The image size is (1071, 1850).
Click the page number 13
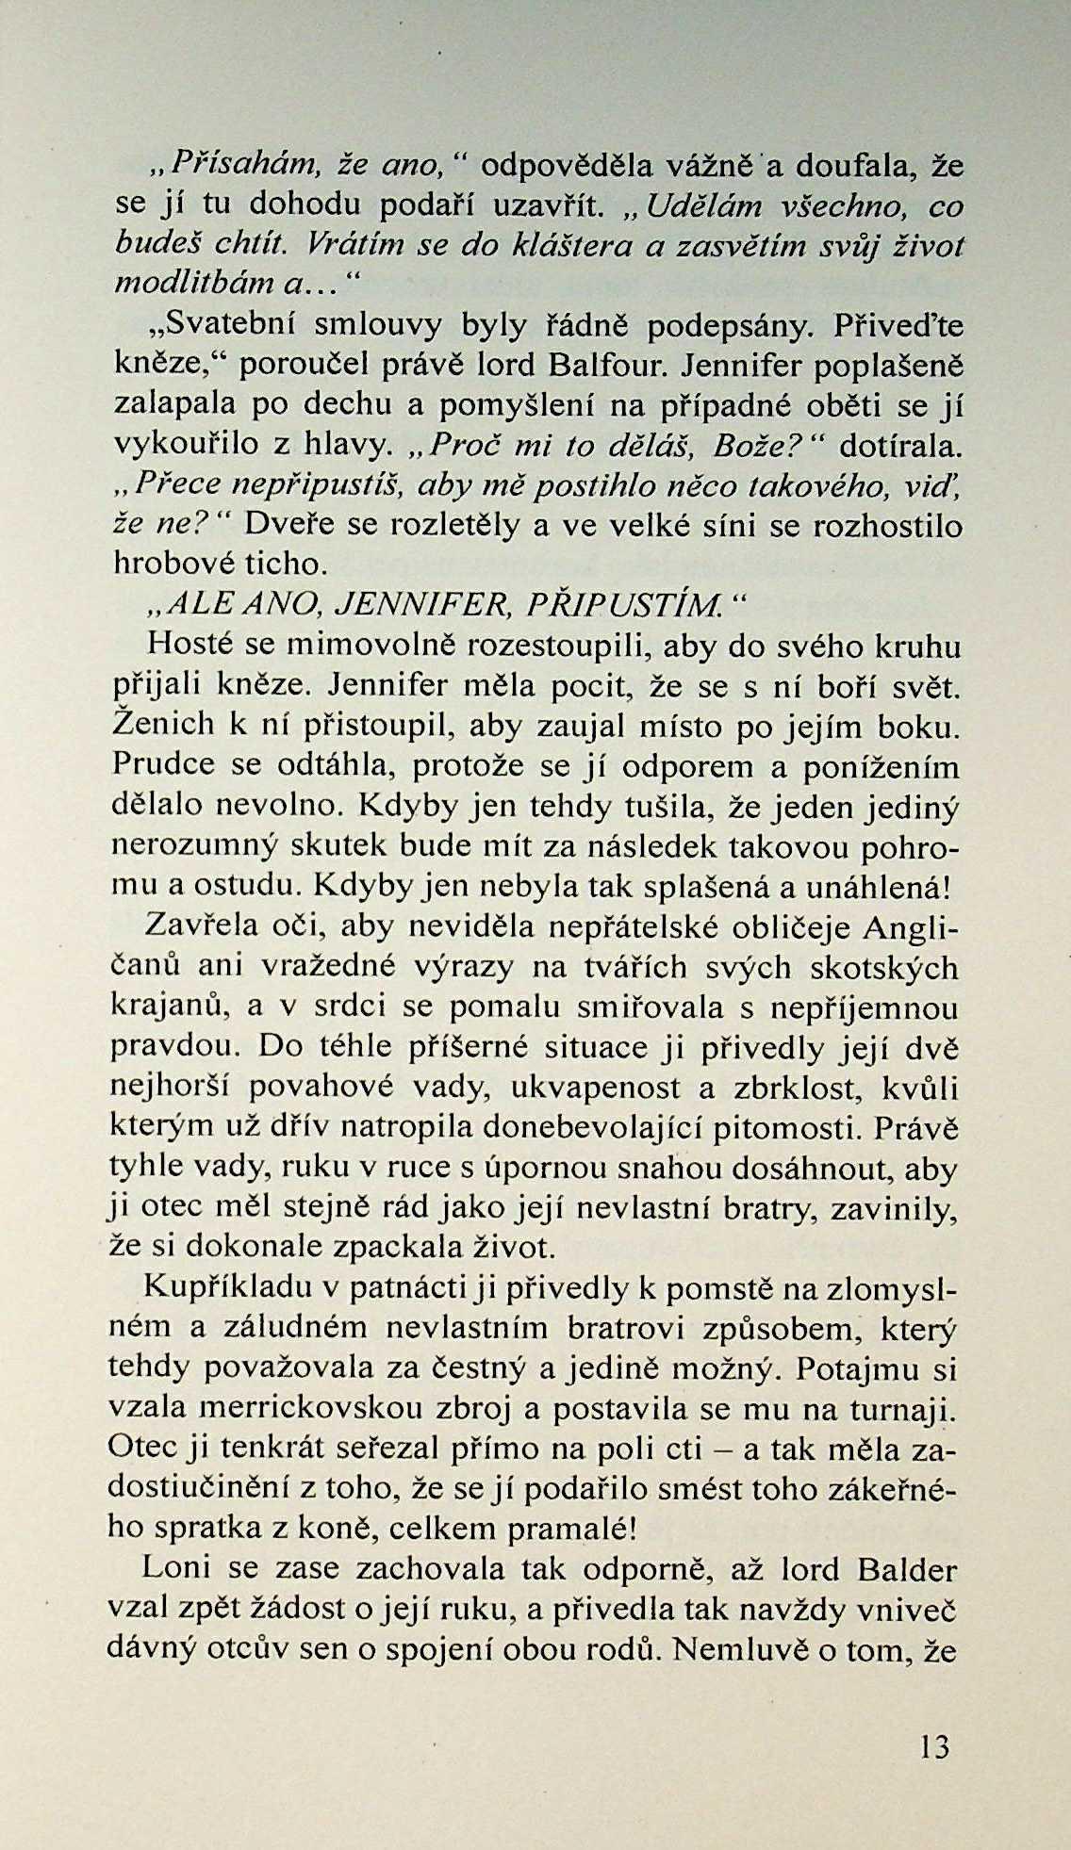coord(935,1747)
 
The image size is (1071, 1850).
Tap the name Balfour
coord(607,364)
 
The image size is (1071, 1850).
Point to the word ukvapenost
coord(597,1088)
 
